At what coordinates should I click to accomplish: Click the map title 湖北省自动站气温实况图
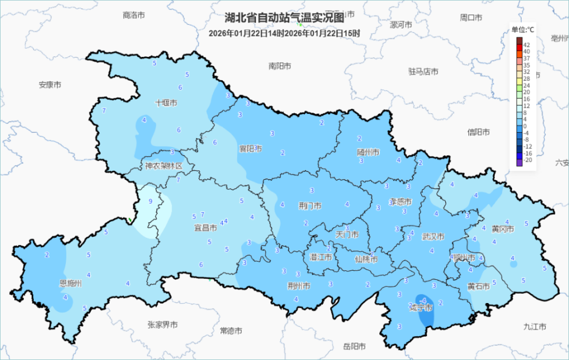(x=284, y=18)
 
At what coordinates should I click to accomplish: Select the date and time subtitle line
(x=284, y=33)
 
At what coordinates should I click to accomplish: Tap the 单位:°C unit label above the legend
(x=523, y=30)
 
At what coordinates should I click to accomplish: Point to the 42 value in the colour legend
(x=527, y=45)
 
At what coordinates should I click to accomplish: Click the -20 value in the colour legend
(x=527, y=160)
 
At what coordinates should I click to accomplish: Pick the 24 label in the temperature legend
(x=527, y=86)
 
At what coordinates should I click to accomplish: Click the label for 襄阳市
(x=250, y=148)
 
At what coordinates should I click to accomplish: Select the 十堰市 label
(x=166, y=103)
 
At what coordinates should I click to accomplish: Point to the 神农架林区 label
(x=164, y=166)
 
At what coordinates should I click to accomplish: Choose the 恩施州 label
(x=71, y=283)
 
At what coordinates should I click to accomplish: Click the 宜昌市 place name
(x=205, y=227)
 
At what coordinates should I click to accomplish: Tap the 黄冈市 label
(x=502, y=228)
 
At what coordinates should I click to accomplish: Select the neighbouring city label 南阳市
(x=280, y=66)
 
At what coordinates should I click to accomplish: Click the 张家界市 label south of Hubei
(x=162, y=324)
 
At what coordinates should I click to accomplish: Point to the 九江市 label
(x=535, y=326)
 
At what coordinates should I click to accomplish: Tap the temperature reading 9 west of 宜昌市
(x=151, y=202)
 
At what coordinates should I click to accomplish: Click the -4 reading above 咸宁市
(x=423, y=298)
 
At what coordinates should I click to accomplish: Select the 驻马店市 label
(x=423, y=71)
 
